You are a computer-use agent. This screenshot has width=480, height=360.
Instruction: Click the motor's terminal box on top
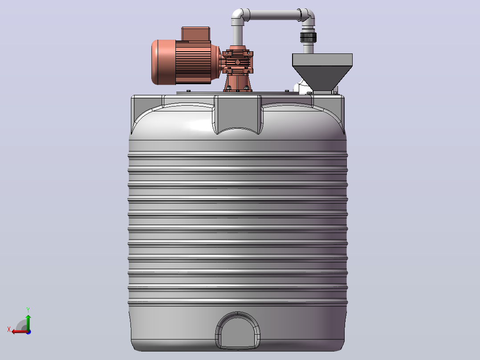pyautogui.click(x=195, y=34)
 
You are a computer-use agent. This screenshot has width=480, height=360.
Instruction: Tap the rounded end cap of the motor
pyautogui.click(x=163, y=62)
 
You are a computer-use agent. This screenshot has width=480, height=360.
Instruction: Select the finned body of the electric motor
pyautogui.click(x=193, y=62)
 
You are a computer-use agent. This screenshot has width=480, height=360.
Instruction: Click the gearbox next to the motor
pyautogui.click(x=238, y=62)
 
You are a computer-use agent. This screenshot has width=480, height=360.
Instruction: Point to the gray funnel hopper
pyautogui.click(x=322, y=72)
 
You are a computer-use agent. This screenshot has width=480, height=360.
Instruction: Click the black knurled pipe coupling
pyautogui.click(x=308, y=37)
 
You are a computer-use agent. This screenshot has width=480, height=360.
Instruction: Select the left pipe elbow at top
pyautogui.click(x=240, y=17)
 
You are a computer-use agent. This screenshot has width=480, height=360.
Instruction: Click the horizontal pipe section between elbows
pyautogui.click(x=274, y=15)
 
